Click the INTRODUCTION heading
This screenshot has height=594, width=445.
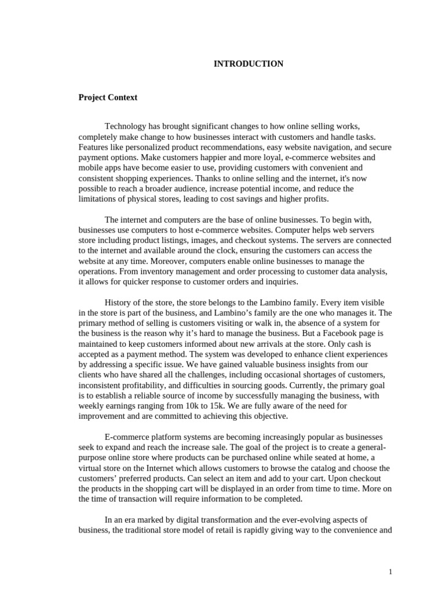[x=249, y=64]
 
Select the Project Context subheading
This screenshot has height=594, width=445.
[x=108, y=97]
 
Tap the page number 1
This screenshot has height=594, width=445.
[x=391, y=572]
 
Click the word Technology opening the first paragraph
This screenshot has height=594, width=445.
[x=125, y=126]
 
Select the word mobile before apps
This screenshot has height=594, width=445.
[x=90, y=168]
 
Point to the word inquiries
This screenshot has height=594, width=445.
[x=280, y=282]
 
